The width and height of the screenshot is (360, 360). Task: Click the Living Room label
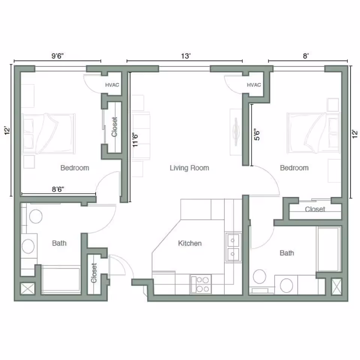[189, 168]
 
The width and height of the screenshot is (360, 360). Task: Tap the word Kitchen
[190, 243]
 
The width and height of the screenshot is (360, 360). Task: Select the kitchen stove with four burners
[201, 283]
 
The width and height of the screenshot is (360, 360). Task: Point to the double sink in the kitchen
[233, 247]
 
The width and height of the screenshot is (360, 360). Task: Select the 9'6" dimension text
[58, 56]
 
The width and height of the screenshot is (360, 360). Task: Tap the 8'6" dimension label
[58, 190]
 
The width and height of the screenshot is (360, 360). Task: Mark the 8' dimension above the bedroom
[306, 56]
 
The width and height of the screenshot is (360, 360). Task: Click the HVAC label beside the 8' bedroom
[254, 85]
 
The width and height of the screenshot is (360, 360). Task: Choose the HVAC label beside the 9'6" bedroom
[112, 85]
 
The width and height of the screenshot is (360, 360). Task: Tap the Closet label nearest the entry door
[94, 273]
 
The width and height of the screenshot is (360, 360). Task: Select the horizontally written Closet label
[315, 209]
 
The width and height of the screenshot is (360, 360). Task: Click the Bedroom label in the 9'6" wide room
[75, 168]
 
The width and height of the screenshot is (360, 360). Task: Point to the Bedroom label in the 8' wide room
[294, 168]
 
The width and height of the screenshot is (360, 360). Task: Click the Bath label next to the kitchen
[287, 253]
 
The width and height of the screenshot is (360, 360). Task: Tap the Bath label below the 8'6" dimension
[59, 243]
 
